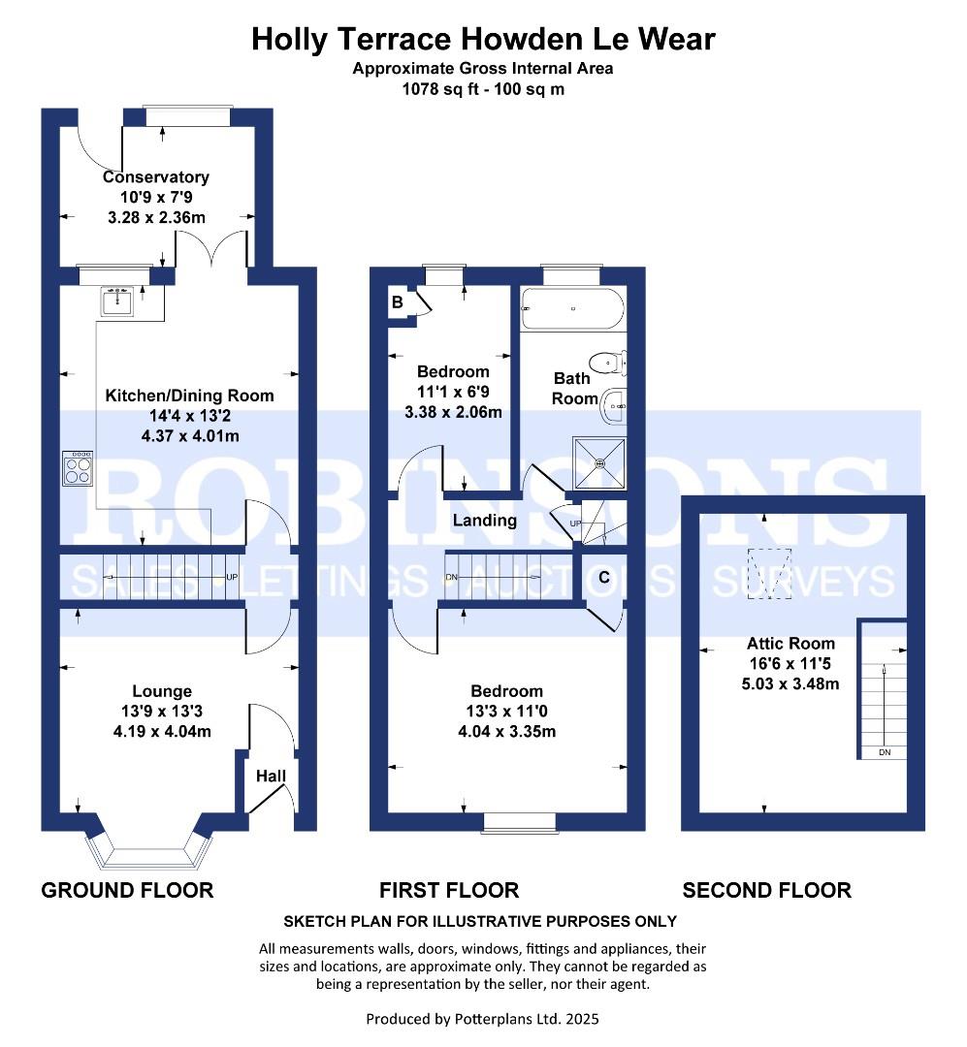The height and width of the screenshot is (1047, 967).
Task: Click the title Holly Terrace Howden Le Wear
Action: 483,39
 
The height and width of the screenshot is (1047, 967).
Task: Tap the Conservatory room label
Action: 156,177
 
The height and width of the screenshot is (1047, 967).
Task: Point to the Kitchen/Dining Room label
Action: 189,396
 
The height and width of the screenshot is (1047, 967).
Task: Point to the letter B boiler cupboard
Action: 397,301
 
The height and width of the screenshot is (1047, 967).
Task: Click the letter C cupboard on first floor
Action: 603,578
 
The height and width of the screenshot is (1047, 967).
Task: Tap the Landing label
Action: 485,521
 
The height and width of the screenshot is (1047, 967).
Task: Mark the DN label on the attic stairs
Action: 885,752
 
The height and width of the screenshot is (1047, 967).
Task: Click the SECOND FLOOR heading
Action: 766,890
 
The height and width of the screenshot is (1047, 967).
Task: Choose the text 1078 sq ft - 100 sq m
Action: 483,89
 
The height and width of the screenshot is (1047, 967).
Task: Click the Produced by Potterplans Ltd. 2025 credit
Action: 483,1019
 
